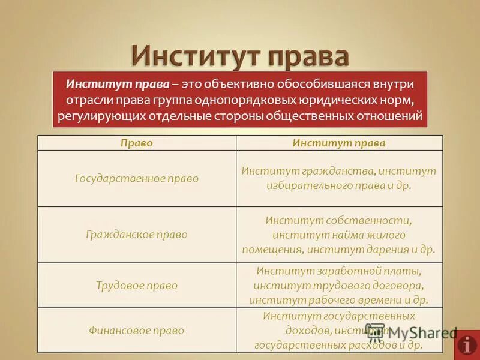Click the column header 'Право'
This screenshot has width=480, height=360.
[137, 143]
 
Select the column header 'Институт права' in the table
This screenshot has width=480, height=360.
[339, 143]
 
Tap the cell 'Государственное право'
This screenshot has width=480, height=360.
[137, 179]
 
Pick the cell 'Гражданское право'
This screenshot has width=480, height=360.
[137, 235]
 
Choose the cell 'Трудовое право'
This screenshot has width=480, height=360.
[137, 286]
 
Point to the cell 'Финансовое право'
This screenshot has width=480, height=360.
[137, 331]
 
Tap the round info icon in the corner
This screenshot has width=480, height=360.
[467, 345]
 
